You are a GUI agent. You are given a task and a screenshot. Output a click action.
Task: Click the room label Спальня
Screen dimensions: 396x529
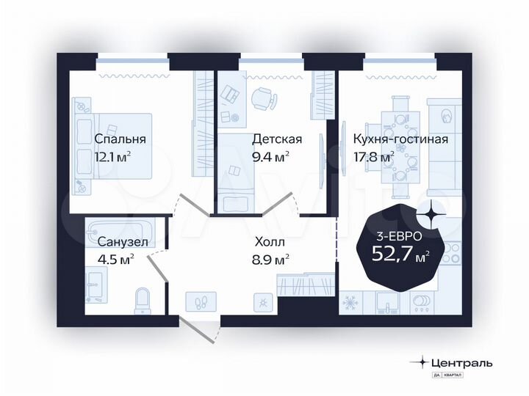pos(120,139)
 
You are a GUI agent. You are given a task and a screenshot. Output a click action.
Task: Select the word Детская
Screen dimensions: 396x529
pos(276,139)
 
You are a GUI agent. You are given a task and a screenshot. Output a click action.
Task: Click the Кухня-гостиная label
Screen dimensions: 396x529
pos(400,139)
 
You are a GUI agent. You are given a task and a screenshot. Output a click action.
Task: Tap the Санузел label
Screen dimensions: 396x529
pos(123,241)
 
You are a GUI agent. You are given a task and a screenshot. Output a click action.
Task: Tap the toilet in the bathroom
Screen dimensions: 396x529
pos(144,299)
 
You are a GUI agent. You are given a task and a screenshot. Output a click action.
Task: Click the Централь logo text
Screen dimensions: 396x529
pos(461,362)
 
